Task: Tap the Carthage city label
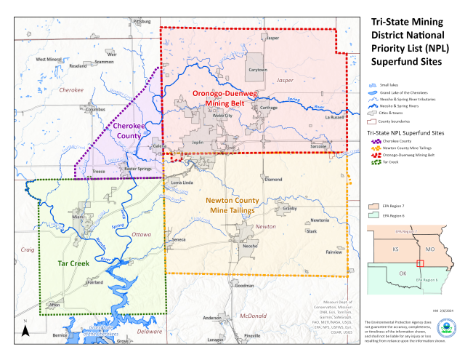(x=269, y=108)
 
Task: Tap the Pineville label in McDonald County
(x=251, y=335)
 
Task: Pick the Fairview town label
(x=333, y=252)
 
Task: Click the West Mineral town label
(x=49, y=59)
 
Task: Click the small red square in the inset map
(x=418, y=263)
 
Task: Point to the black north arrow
(x=25, y=331)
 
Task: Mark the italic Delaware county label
(x=150, y=331)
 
